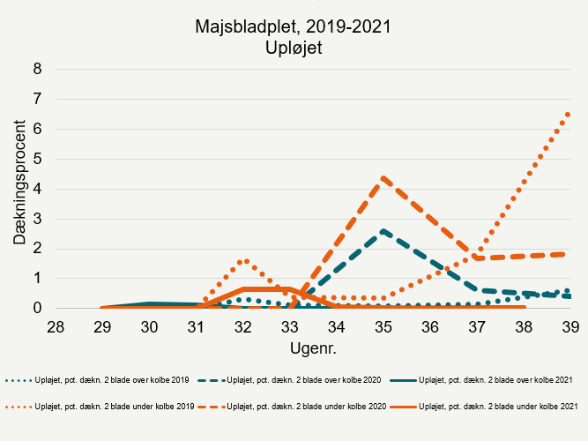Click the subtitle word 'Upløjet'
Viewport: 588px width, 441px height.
click(x=294, y=48)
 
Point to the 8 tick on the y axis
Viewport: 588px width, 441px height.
click(x=37, y=69)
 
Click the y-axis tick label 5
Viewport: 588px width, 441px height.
click(x=37, y=159)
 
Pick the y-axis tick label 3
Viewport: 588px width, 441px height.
click(x=37, y=219)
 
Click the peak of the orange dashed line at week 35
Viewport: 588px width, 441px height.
click(x=383, y=177)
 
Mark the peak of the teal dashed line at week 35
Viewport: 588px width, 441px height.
click(x=383, y=231)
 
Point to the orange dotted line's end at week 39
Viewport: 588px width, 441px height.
click(x=569, y=114)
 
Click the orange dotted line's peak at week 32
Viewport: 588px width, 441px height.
click(x=244, y=261)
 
